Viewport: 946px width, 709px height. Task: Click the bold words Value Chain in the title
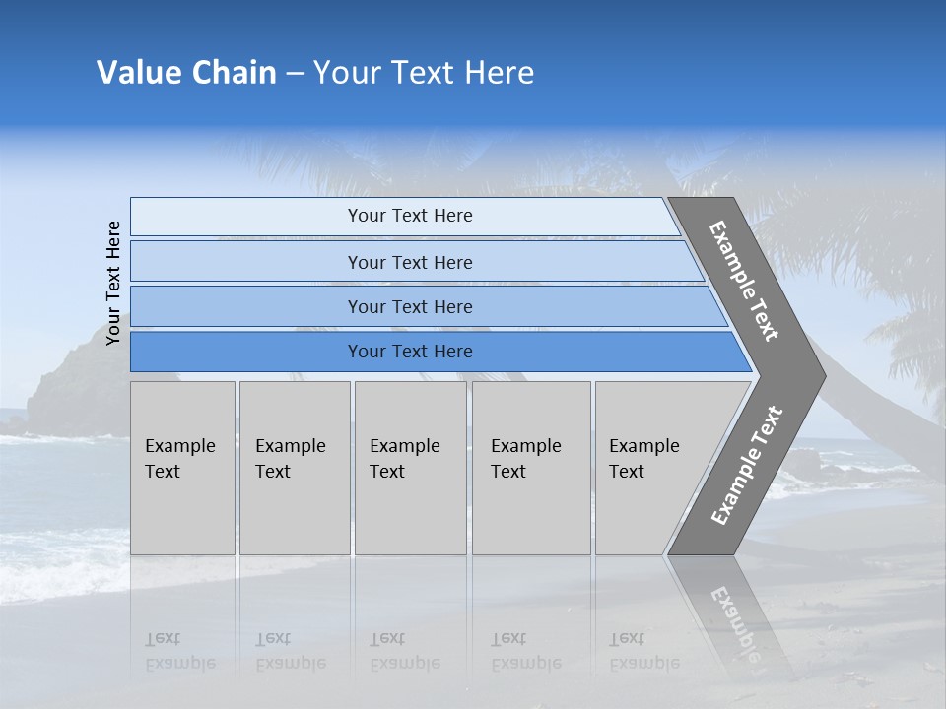[186, 73]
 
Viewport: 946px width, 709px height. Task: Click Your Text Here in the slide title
[424, 73]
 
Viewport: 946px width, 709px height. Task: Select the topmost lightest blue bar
[409, 216]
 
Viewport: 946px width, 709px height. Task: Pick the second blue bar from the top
[409, 262]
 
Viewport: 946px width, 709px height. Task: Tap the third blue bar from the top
[409, 306]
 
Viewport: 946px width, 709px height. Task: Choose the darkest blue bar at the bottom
[409, 352]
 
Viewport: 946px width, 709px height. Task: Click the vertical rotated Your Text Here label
[113, 283]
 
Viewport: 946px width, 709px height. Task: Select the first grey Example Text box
[182, 468]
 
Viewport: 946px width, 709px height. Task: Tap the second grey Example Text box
[294, 468]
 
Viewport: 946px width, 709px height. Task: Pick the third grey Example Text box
[410, 468]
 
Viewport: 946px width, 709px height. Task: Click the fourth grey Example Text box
[530, 468]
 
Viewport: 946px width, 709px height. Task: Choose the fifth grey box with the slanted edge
[650, 468]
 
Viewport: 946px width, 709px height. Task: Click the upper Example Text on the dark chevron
[744, 281]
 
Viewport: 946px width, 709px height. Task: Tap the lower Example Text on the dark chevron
[746, 465]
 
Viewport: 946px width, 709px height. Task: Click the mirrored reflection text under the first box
[179, 651]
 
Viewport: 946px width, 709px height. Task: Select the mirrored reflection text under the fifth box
[643, 651]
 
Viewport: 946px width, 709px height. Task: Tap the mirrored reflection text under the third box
[404, 651]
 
